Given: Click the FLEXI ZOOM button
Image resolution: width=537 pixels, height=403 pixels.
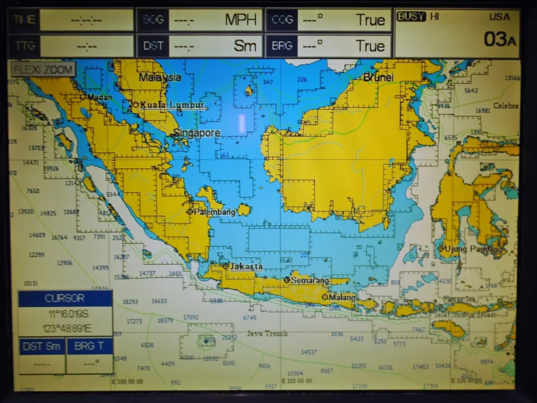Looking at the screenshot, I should tap(43, 70).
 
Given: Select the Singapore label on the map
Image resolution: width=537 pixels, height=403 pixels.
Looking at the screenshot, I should tap(197, 133).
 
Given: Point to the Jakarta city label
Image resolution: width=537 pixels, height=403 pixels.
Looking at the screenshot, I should tap(246, 266).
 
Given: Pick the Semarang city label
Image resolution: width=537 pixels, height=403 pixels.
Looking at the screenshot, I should tap(310, 280).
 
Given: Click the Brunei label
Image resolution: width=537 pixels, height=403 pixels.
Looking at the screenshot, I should tap(377, 77).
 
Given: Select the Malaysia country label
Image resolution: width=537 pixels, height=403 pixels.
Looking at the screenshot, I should tap(160, 77).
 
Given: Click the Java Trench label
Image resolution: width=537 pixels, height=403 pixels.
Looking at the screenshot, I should tap(267, 333).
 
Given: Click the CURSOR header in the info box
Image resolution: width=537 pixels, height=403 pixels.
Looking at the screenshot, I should tap(64, 298).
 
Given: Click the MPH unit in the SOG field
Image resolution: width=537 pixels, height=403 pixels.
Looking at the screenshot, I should tap(240, 20).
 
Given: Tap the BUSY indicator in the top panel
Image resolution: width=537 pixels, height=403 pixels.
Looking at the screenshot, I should tap(411, 17).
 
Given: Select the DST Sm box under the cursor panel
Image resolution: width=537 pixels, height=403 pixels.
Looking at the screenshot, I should tap(41, 346).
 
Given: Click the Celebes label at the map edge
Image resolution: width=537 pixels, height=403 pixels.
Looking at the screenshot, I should tap(506, 106).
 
